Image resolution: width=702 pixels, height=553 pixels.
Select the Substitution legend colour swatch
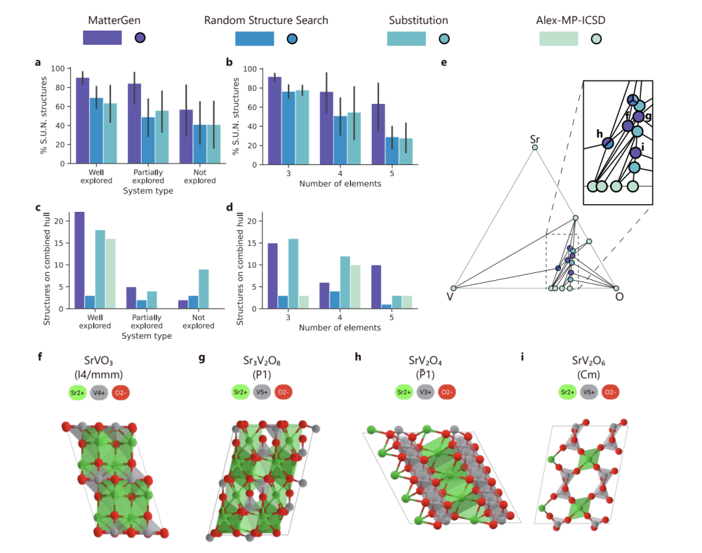point(406,38)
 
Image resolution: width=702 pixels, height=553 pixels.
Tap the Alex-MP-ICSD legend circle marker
point(596,38)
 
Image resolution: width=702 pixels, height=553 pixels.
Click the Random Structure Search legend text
point(266,20)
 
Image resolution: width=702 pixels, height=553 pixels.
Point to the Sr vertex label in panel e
point(535,139)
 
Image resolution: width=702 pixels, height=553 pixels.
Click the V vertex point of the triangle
point(454,288)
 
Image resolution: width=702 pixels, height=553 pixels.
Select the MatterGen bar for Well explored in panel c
point(79,260)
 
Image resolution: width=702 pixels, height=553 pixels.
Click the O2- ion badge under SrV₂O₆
point(609,392)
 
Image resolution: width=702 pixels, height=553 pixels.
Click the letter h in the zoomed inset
point(599,133)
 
